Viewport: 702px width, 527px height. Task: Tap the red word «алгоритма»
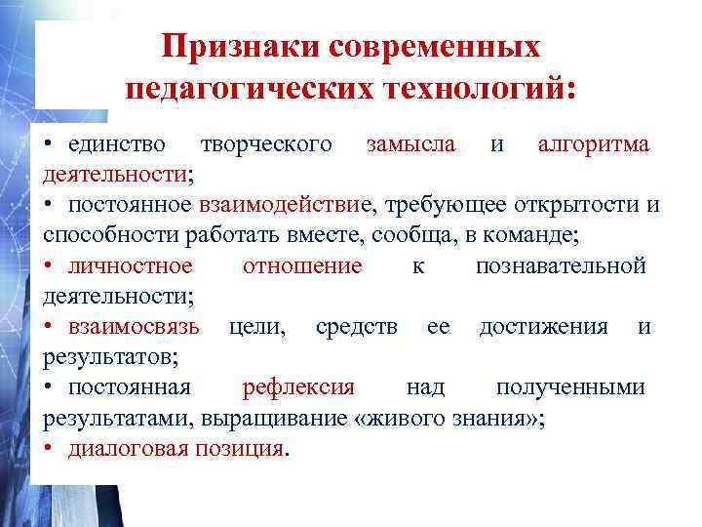[594, 144]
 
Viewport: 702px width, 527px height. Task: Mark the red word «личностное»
[131, 265]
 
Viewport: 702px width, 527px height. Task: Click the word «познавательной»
[561, 265]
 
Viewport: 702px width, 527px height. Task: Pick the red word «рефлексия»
[298, 386]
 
